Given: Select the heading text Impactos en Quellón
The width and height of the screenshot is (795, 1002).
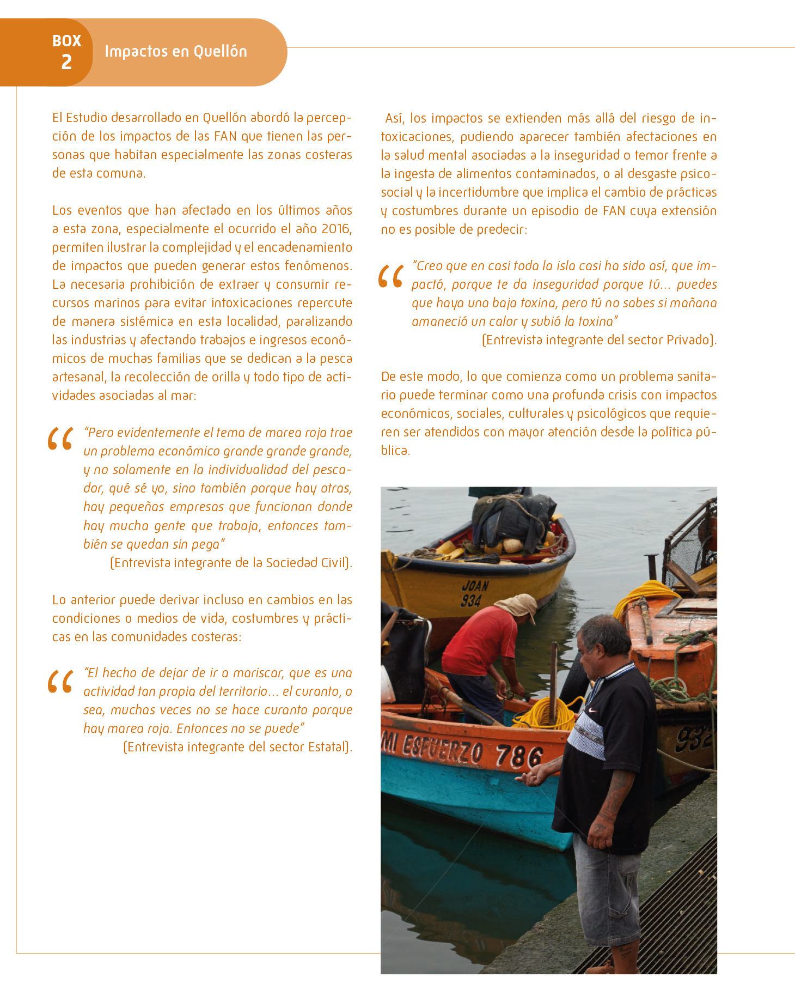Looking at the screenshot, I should (175, 51).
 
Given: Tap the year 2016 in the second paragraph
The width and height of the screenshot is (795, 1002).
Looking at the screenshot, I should (336, 229).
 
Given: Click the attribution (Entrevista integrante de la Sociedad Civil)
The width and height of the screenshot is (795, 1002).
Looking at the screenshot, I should (231, 563).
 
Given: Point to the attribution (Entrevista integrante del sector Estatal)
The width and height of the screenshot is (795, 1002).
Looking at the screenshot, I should (237, 747).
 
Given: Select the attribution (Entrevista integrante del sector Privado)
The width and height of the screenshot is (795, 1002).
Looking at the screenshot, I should (599, 340).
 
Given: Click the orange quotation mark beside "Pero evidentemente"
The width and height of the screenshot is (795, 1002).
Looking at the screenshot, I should (60, 439).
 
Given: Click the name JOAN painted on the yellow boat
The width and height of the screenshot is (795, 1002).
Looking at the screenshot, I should (475, 586).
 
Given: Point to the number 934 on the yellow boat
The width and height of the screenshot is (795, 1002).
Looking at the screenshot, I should (471, 600).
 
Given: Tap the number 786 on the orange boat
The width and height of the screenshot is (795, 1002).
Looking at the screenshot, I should (519, 756).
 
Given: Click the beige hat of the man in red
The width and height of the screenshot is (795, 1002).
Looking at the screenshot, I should (517, 606).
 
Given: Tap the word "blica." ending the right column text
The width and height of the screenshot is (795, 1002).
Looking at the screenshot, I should (395, 451).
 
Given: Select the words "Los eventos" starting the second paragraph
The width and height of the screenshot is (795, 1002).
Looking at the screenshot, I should (87, 210).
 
